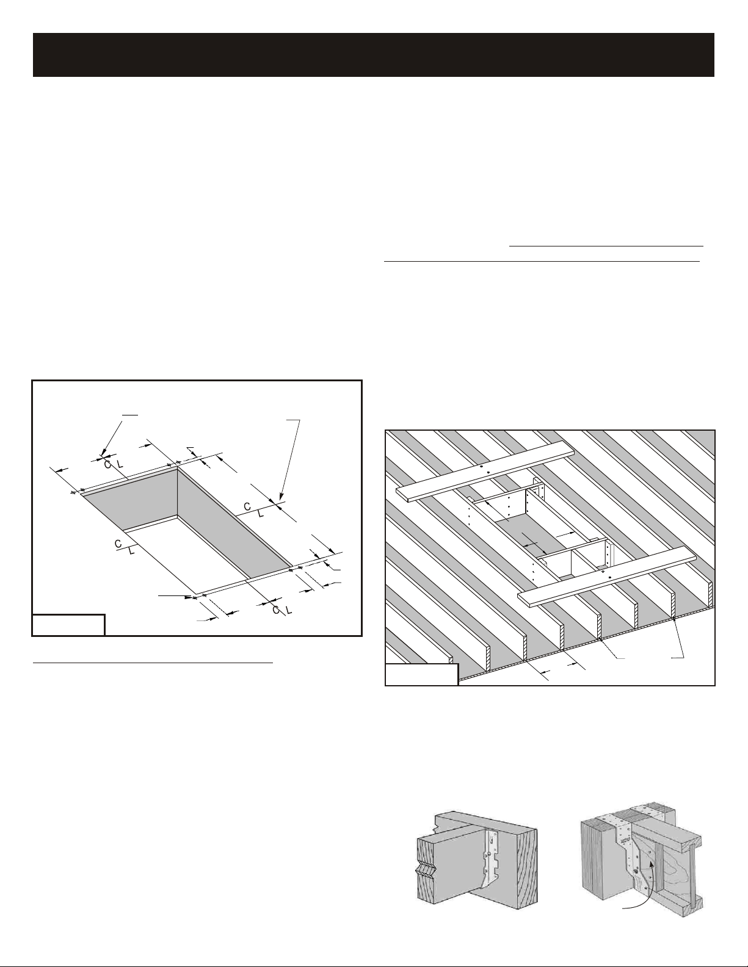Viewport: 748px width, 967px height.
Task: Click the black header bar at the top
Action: click(x=374, y=55)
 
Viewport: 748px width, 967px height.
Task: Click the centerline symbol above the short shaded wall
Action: click(x=114, y=465)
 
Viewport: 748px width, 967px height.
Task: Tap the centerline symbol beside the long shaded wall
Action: click(x=254, y=510)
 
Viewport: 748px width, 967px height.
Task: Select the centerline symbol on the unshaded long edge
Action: click(x=124, y=547)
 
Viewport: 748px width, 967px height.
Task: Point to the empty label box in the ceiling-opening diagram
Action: click(x=68, y=625)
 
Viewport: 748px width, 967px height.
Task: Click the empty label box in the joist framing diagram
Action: click(x=422, y=675)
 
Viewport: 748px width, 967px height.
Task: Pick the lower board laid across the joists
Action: click(x=606, y=577)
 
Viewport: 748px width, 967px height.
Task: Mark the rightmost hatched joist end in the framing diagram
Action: click(x=712, y=594)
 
